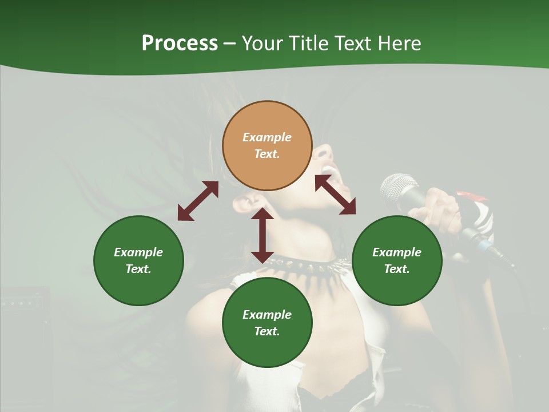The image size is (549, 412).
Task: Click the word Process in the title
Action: [x=180, y=43]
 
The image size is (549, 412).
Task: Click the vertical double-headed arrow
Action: [x=262, y=235]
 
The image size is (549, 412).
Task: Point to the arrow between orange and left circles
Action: [x=198, y=201]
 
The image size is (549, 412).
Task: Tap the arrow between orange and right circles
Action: [x=335, y=195]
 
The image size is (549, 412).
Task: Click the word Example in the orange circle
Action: [x=267, y=137]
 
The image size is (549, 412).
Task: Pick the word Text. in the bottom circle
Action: [x=267, y=331]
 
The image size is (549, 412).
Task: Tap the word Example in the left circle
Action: [x=138, y=252]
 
